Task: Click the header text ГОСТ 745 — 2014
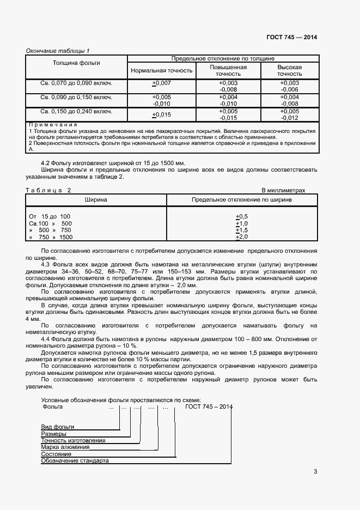291,37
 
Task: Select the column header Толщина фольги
76,63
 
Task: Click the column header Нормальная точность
162,70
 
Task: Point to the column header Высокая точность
289,70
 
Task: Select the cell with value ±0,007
162,83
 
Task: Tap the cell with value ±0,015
162,114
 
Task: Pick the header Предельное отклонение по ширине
241,200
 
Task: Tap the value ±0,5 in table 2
241,216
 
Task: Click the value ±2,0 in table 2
241,237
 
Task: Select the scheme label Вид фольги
58,426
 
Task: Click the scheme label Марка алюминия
65,447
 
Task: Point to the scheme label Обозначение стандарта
75,461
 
